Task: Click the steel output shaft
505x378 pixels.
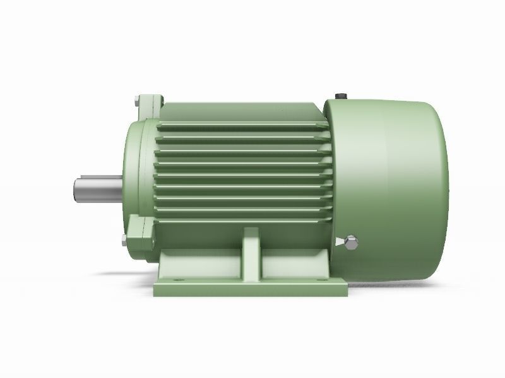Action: point(98,189)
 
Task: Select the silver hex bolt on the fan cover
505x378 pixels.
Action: point(352,241)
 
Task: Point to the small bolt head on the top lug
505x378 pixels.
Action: point(137,100)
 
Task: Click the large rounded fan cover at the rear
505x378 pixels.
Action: point(391,176)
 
